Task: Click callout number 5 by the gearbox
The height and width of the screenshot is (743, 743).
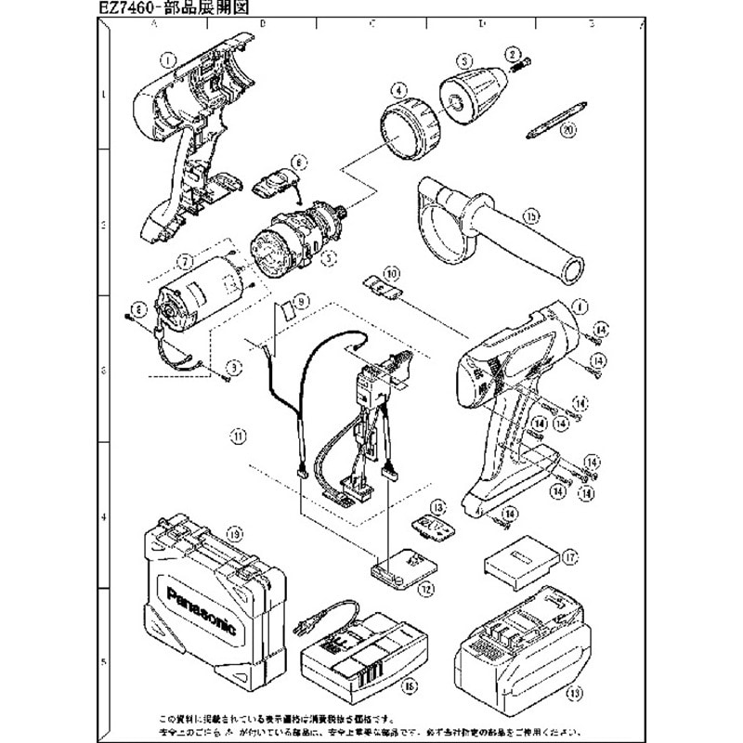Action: (x=327, y=260)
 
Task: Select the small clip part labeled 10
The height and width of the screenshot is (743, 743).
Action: (x=382, y=284)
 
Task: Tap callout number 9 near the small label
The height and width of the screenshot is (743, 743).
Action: (x=300, y=300)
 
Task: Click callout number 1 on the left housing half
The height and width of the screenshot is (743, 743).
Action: (x=168, y=58)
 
